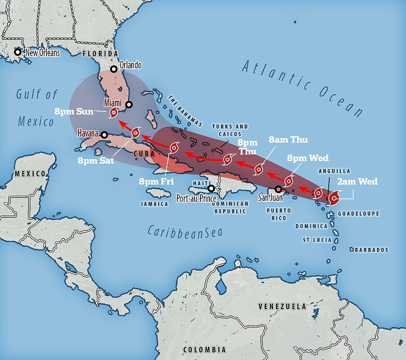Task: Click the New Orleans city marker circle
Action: (x=17, y=52)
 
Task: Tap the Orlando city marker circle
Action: (x=114, y=69)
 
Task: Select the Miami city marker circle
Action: (x=129, y=105)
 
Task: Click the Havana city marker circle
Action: (x=104, y=135)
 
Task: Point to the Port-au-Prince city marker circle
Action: (x=211, y=188)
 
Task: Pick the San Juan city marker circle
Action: (x=278, y=189)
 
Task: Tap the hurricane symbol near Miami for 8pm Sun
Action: (x=113, y=113)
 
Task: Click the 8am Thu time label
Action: (x=289, y=140)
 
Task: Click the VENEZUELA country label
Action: (x=282, y=306)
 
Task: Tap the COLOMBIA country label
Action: (x=204, y=349)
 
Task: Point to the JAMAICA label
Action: (x=154, y=204)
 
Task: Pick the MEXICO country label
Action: (x=30, y=173)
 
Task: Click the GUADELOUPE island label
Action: (x=358, y=214)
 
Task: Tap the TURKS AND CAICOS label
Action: (x=230, y=130)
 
